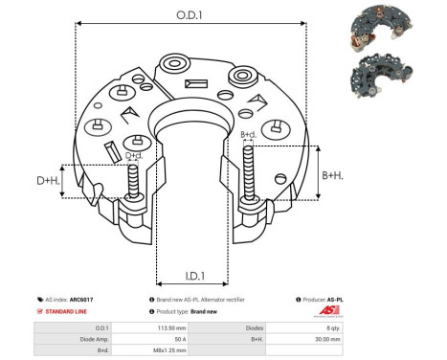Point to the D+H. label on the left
[47, 181]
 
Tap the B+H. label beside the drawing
[331, 175]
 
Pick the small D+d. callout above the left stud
[134, 155]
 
